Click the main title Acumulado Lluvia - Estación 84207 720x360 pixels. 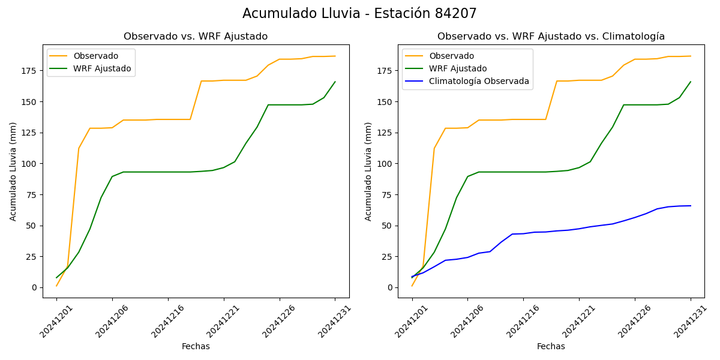pyautogui.click(x=359, y=13)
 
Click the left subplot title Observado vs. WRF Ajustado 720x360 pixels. pyautogui.click(x=196, y=37)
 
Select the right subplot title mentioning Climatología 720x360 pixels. pyautogui.click(x=551, y=37)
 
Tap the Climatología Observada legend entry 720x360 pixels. pyautogui.click(x=482, y=82)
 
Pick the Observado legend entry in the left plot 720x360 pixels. pyautogui.click(x=96, y=56)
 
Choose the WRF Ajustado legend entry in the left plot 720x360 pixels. pyautogui.click(x=102, y=68)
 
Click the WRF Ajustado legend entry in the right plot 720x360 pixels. pyautogui.click(x=458, y=68)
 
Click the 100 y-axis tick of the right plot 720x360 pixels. pyautogui.click(x=384, y=164)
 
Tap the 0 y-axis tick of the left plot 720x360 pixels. pyautogui.click(x=34, y=288)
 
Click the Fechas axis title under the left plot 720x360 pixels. pyautogui.click(x=196, y=347)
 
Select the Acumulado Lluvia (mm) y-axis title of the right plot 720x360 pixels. pyautogui.click(x=368, y=171)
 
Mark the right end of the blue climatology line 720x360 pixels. pyautogui.click(x=691, y=206)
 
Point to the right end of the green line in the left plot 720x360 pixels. pyautogui.click(x=335, y=82)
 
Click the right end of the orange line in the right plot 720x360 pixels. pyautogui.click(x=691, y=56)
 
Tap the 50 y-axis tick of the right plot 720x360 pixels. pyautogui.click(x=386, y=226)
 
